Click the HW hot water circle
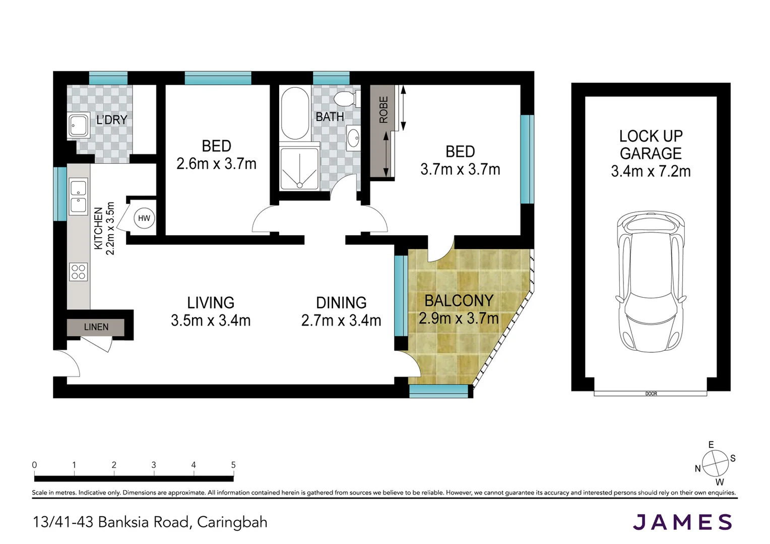click(144, 218)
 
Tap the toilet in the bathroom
click(347, 99)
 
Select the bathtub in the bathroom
click(295, 113)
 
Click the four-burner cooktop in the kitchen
click(79, 272)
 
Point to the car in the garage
click(651, 282)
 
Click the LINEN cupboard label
click(96, 327)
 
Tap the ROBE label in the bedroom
click(383, 110)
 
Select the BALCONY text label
click(459, 301)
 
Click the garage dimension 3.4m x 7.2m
click(651, 171)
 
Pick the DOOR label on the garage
click(651, 393)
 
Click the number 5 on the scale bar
click(233, 465)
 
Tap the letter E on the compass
click(711, 445)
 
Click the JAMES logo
click(682, 522)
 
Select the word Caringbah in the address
click(232, 522)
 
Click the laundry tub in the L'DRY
click(79, 125)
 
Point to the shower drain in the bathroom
click(299, 185)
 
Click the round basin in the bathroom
click(353, 139)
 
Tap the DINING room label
click(341, 303)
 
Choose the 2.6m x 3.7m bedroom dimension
click(217, 164)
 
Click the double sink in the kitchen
click(79, 196)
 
